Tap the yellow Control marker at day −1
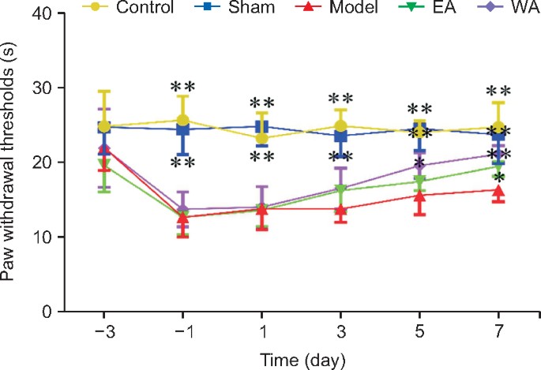click(182, 121)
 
